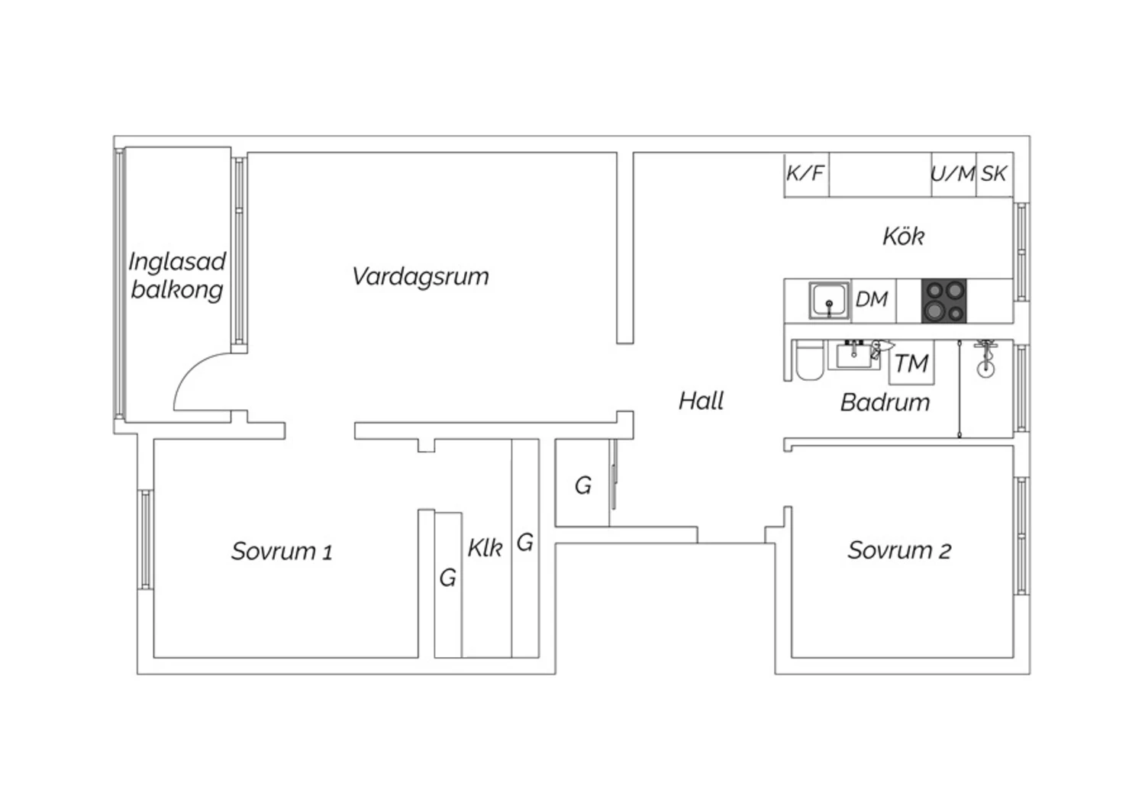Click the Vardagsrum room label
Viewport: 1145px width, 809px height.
(420, 277)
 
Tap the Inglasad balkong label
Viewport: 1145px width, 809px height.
(177, 276)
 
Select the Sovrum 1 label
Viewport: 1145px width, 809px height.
(282, 551)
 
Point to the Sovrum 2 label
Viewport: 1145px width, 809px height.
(899, 550)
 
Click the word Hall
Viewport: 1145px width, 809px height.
(701, 401)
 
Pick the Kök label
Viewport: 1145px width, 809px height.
(903, 237)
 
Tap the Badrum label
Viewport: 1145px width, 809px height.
(885, 403)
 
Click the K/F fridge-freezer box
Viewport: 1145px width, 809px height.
(807, 174)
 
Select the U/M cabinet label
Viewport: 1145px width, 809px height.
(953, 174)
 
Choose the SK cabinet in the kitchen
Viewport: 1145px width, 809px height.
(995, 174)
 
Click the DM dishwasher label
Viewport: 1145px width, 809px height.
(872, 299)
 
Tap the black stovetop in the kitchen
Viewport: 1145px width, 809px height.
(943, 301)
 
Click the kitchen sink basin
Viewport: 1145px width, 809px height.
(829, 301)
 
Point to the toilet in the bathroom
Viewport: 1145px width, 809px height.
(810, 361)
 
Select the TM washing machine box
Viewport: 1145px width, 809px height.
(911, 363)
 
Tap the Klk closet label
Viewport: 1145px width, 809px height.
(485, 548)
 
